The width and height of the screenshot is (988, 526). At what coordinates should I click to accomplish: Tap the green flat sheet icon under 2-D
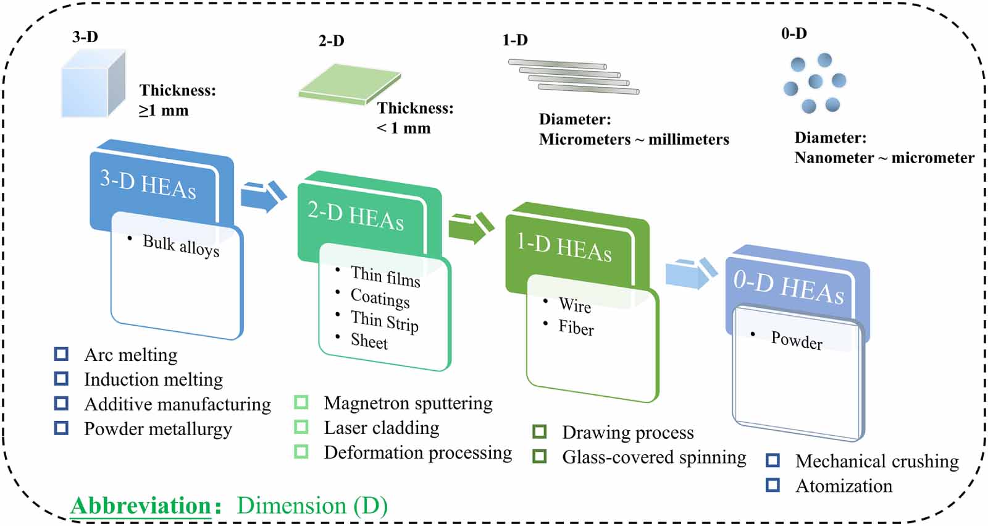350,83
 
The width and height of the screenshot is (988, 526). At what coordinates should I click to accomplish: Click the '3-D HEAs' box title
148,184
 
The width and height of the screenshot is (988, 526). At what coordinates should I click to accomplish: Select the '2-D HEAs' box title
356,216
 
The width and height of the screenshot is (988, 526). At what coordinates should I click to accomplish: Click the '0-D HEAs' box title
789,287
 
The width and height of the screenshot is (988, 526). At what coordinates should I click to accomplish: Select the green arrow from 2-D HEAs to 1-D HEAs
470,227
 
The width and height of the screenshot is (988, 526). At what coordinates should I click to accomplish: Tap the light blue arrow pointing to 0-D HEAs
690,273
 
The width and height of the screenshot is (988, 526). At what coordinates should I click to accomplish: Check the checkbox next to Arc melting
61,354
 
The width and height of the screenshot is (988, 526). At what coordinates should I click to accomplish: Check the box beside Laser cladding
301,427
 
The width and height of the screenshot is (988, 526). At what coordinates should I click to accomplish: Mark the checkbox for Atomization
772,485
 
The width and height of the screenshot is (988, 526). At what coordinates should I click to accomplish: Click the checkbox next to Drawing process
540,431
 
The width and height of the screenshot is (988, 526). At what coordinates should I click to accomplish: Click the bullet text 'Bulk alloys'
181,245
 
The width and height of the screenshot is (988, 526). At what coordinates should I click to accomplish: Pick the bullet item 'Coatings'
380,299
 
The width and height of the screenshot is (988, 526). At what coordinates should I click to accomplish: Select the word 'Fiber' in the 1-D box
576,328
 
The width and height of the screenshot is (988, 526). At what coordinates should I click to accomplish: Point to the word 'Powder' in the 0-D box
797,341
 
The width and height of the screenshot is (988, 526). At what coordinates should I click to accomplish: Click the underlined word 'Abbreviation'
141,506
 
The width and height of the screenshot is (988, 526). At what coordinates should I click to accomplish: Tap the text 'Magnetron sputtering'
408,403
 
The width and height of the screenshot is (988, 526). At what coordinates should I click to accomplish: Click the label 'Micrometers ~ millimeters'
634,140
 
